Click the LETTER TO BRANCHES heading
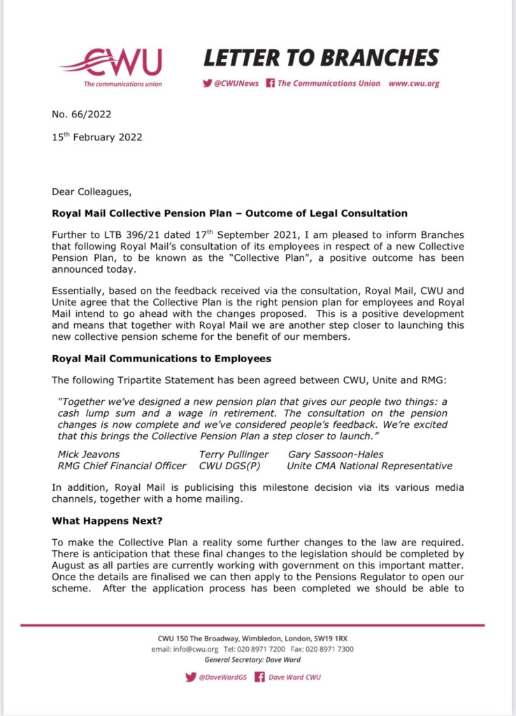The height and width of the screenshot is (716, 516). click(321, 57)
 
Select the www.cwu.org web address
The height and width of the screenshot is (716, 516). click(414, 83)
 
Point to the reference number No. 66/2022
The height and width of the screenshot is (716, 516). click(82, 115)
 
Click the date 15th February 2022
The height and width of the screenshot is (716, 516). click(97, 136)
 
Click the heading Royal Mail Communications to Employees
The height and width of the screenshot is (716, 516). click(162, 359)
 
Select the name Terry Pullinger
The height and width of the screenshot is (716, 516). click(234, 454)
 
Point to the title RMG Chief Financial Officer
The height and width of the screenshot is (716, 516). click(122, 466)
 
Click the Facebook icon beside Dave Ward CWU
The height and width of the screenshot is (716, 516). click(259, 677)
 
